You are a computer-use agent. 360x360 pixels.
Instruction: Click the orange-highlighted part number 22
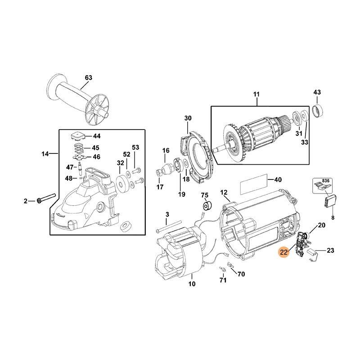tap(283, 253)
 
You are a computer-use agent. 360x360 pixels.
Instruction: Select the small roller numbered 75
tap(208, 206)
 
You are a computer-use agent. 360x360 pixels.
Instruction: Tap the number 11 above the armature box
tap(256, 94)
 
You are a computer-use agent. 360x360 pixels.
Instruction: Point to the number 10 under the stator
tap(192, 284)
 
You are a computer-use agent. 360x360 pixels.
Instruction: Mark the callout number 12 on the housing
tap(224, 192)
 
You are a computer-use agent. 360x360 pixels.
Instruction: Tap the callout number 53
tap(135, 147)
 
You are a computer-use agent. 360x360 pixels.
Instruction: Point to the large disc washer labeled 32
tap(121, 182)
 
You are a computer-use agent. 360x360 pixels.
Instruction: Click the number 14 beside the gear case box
tap(45, 154)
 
